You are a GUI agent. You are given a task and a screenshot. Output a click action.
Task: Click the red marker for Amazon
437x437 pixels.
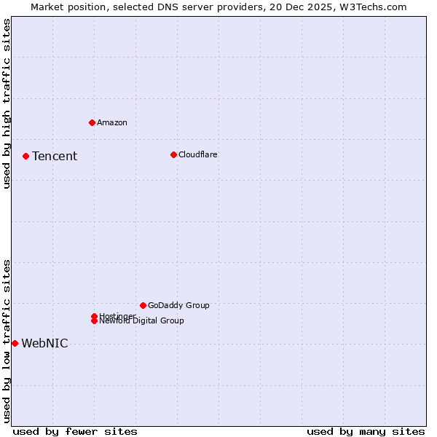pos(92,122)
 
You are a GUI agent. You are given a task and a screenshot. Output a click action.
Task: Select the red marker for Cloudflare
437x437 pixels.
pos(173,154)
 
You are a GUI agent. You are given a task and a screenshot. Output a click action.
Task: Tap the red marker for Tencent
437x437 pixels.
pos(25,156)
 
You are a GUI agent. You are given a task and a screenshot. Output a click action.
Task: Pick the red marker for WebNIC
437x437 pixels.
pos(15,343)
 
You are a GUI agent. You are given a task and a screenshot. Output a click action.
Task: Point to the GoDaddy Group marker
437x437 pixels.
pos(143,305)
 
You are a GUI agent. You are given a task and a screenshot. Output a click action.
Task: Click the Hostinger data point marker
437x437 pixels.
pos(94,316)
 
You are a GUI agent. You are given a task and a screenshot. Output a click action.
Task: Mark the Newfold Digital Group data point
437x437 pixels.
pos(94,321)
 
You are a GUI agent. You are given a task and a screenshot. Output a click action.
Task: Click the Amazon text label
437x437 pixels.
pos(111,122)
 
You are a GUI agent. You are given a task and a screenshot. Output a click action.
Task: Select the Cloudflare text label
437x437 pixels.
pos(197,154)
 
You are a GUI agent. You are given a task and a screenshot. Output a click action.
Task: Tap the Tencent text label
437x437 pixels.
pos(55,156)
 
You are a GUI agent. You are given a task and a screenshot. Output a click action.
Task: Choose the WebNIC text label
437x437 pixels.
pos(44,344)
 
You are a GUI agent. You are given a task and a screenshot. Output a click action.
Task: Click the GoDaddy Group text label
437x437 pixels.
pos(178,305)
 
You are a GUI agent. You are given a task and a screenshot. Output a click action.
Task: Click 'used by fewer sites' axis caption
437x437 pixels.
pos(75,431)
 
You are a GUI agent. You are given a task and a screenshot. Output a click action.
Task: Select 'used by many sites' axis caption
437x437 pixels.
pos(366,431)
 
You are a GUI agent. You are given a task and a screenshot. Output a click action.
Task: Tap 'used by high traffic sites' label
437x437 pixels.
pos(7,103)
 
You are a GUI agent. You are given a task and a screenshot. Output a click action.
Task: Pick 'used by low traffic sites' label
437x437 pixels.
pos(7,341)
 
